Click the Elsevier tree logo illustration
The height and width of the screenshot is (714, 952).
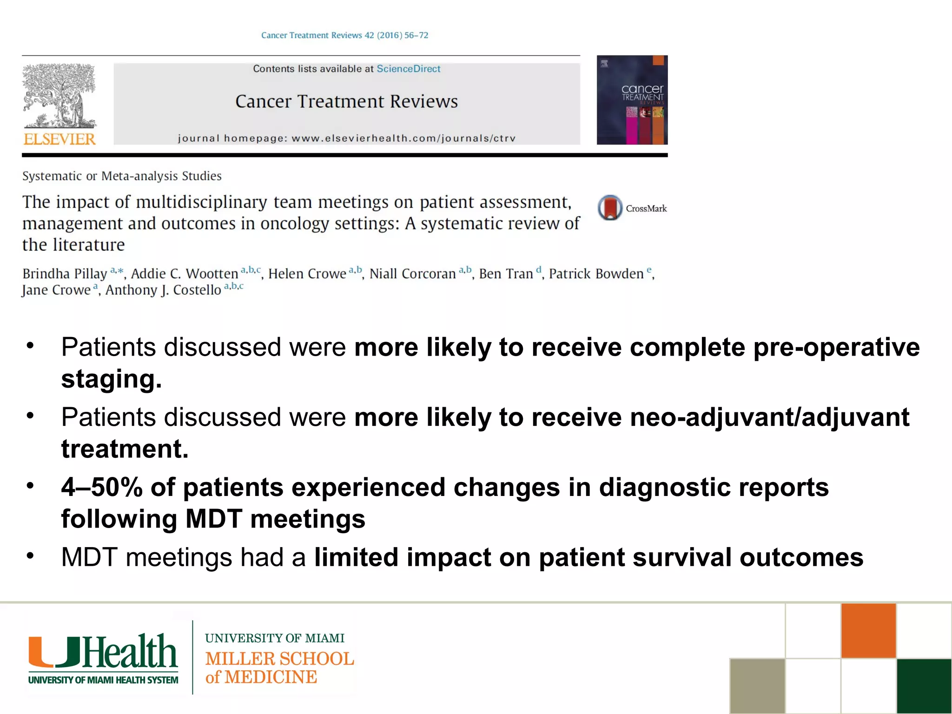point(59,96)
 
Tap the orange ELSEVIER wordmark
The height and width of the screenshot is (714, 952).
point(59,139)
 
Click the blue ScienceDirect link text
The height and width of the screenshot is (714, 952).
point(408,69)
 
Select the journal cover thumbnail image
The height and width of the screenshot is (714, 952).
point(632,100)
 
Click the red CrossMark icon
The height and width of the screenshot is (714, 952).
point(610,207)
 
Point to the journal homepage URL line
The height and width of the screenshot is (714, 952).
point(347,138)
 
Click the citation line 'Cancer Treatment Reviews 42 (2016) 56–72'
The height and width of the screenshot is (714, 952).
point(344,35)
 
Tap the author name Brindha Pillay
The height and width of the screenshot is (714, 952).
point(65,274)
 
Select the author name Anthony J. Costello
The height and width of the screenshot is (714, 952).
point(163,290)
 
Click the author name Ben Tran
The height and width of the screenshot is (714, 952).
point(506,274)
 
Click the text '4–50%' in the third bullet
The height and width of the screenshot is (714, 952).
point(101,487)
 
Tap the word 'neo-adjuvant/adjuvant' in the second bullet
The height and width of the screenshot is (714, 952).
point(769,417)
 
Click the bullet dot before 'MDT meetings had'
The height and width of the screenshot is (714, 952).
point(30,556)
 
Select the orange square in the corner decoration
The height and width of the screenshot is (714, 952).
point(868,630)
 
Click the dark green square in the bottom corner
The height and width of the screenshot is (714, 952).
point(924,686)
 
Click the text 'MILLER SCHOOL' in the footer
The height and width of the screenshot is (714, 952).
point(279,659)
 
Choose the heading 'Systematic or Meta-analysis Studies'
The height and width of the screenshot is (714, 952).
point(122,176)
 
